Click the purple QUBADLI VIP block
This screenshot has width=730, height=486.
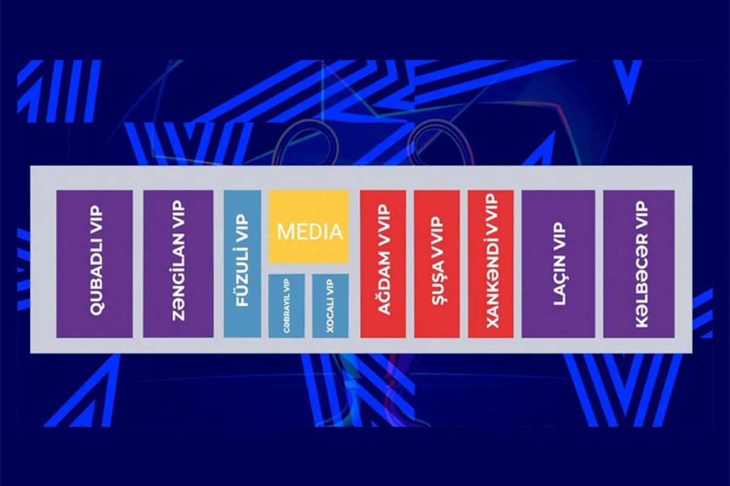(94, 264)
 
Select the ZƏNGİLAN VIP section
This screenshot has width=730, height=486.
(178, 264)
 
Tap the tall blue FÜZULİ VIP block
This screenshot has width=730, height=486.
(242, 264)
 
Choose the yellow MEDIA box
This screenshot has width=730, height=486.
(308, 227)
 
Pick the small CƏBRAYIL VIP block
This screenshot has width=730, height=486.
(287, 306)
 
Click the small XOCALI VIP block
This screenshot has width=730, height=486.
(330, 306)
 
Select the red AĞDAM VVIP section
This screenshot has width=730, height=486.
(383, 264)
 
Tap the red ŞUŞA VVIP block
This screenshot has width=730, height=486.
(437, 264)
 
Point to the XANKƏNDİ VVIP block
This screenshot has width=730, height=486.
(491, 264)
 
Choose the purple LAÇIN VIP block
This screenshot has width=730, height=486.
(558, 264)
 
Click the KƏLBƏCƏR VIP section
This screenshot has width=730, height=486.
(639, 264)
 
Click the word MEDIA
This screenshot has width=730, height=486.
(310, 232)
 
